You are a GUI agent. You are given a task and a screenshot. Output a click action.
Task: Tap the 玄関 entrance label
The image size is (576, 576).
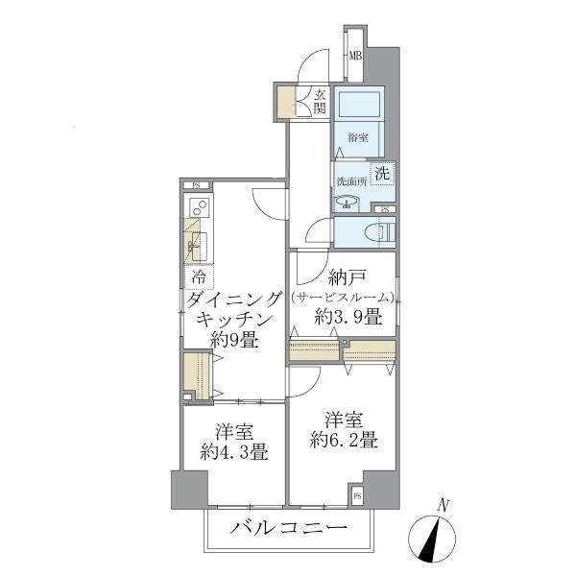click(x=320, y=101)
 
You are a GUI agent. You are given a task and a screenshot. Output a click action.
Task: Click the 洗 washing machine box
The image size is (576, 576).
click(x=382, y=175)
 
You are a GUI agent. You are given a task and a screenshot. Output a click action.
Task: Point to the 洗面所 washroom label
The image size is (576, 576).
click(x=350, y=181)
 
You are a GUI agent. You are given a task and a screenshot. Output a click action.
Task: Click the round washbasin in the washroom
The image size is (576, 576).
click(x=347, y=202)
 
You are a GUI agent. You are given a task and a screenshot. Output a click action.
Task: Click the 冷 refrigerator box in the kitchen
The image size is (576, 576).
click(x=197, y=277)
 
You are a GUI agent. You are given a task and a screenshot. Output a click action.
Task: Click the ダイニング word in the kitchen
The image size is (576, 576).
click(x=235, y=300)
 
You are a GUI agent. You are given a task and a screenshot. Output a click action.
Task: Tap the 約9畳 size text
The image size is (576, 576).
click(x=235, y=340)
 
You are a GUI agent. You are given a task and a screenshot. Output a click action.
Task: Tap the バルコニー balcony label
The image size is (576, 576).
click(x=287, y=528)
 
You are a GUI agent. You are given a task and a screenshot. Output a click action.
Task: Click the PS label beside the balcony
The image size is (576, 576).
click(x=357, y=496)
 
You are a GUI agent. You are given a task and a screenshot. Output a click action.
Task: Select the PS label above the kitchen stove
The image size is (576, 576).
click(x=196, y=184)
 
